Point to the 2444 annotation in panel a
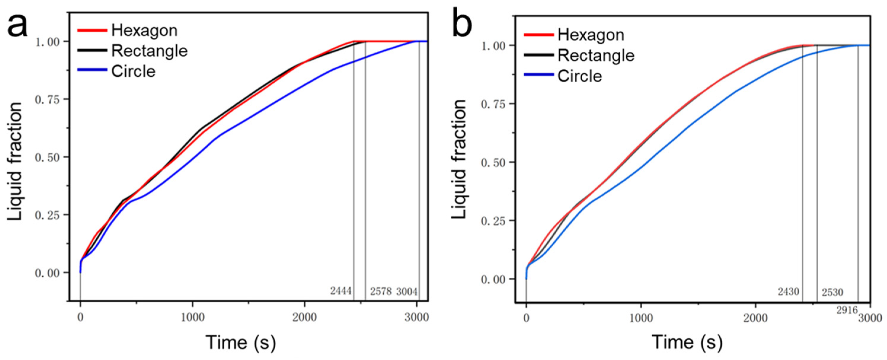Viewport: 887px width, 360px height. tap(341, 291)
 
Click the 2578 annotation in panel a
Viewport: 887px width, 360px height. tap(381, 292)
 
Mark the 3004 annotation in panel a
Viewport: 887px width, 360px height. tap(407, 292)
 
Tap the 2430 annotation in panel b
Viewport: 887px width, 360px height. tap(788, 292)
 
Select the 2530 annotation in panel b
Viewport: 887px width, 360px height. tap(832, 292)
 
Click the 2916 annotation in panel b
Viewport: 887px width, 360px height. tap(847, 310)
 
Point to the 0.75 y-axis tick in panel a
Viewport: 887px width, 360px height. tap(47, 100)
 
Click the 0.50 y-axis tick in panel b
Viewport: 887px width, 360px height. tap(493, 162)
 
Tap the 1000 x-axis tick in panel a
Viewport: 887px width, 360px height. tap(192, 317)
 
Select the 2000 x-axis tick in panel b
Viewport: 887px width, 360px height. tap(755, 318)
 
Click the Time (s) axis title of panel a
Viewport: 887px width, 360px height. tap(241, 343)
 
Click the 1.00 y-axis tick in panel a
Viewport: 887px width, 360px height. tap(47, 42)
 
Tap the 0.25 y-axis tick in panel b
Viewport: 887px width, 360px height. tap(493, 221)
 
